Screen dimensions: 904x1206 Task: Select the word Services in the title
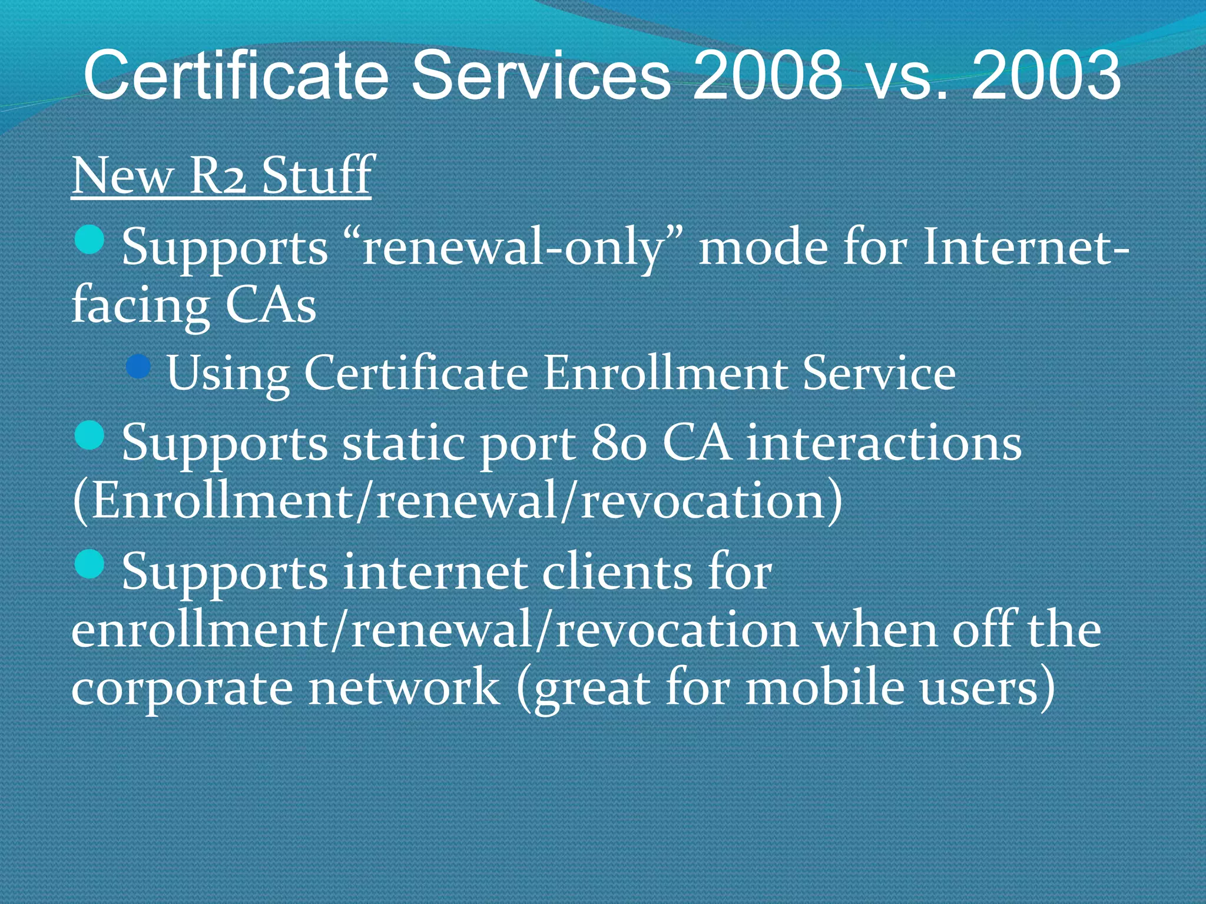point(541,75)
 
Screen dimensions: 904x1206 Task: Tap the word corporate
point(182,689)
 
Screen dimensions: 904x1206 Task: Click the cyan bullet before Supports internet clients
point(90,564)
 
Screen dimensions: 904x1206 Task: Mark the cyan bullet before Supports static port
point(90,436)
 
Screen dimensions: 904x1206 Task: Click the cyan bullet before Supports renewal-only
point(90,240)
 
